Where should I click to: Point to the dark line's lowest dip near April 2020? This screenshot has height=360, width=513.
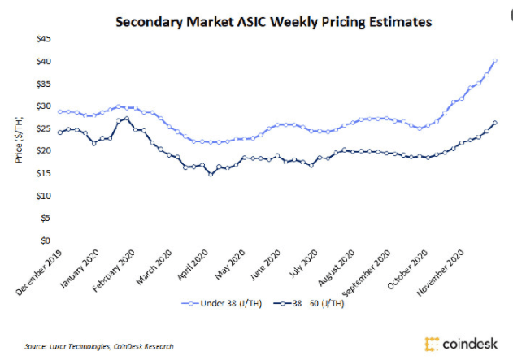tap(211, 174)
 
